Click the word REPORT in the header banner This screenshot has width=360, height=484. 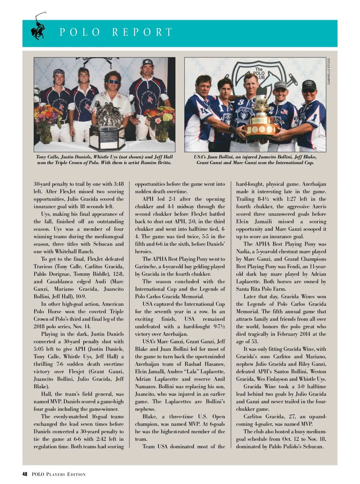point(142,32)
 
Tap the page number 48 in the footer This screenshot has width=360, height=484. point(25,474)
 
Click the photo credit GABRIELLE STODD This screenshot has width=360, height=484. point(329,71)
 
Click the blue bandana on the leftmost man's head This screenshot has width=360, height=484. point(59,72)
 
